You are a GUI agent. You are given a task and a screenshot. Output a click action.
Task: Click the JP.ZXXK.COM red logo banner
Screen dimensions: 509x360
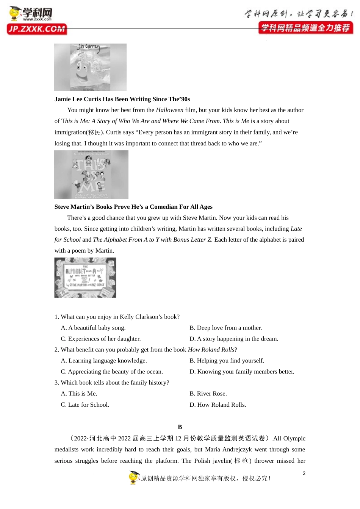[x=37, y=29]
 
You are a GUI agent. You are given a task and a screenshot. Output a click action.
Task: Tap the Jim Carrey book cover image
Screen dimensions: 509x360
[x=90, y=67]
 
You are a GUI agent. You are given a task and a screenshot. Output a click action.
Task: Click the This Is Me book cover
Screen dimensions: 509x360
[x=91, y=175]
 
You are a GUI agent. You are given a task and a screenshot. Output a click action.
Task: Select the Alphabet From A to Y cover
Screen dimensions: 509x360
[x=85, y=278]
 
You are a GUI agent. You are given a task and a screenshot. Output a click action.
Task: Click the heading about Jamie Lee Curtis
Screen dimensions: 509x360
[x=122, y=99]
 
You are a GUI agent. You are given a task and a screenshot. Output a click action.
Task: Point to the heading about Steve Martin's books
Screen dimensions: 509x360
[x=133, y=207]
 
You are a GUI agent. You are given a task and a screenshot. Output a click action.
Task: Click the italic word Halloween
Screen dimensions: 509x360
[x=169, y=110]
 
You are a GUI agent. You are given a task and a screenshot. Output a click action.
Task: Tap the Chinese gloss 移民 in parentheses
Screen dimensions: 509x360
[x=94, y=133]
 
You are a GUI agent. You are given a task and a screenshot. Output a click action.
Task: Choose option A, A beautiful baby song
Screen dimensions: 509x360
[x=93, y=328]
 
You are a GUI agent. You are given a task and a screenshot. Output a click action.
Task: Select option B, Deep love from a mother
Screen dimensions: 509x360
[x=225, y=328]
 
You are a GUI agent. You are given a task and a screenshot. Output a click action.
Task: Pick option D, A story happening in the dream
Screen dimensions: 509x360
[x=234, y=339]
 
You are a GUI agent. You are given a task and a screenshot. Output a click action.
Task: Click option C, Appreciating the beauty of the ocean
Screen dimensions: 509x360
[x=112, y=372]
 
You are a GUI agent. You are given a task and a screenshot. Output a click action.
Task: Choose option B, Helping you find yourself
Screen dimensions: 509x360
[x=227, y=361]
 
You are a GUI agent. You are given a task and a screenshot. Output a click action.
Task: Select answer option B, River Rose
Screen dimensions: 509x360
[x=208, y=394]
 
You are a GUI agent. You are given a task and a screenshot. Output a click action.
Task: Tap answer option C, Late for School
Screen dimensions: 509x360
[x=85, y=405]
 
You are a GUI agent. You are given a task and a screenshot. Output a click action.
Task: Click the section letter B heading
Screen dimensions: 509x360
[x=180, y=427]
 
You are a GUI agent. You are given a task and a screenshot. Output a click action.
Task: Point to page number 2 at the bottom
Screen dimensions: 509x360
[x=304, y=473]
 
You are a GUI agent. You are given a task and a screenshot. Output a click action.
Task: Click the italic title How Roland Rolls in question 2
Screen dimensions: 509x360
[x=211, y=350]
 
